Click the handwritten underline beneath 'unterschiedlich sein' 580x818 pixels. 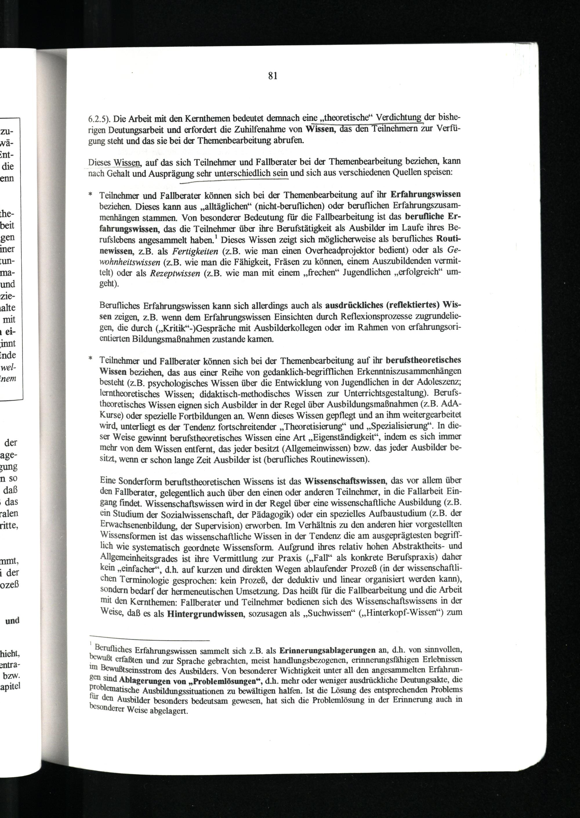tap(234, 181)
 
